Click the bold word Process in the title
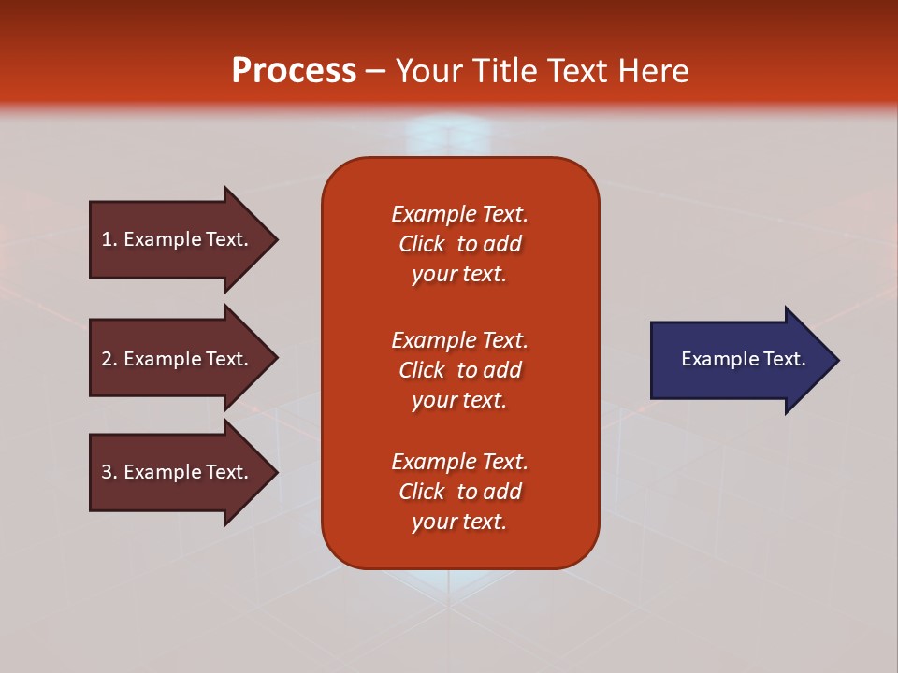point(294,71)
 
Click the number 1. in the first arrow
point(109,239)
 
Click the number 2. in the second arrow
point(109,359)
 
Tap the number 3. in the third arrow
point(109,472)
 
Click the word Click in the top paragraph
point(422,244)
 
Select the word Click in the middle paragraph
point(422,370)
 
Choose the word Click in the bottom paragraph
point(422,492)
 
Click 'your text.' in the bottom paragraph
point(459,522)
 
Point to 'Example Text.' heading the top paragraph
point(459,214)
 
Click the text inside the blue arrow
point(743,359)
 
